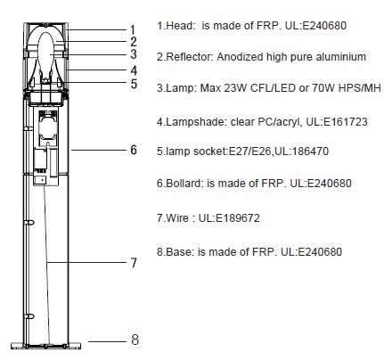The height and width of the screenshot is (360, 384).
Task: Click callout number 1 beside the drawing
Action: (133, 29)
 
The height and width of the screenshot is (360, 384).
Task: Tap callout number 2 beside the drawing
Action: (134, 42)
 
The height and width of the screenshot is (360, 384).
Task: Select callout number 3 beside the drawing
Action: (134, 54)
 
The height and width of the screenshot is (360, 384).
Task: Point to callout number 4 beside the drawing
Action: (134, 70)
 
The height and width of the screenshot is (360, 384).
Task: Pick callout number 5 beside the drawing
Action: (134, 84)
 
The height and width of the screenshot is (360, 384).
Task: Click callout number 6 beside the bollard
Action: (134, 150)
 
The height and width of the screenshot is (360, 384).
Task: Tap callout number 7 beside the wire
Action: (134, 263)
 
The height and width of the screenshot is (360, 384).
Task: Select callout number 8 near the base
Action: (135, 340)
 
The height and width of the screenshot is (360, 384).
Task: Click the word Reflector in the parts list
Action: (190, 57)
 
